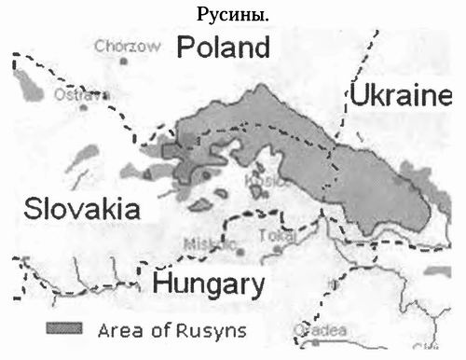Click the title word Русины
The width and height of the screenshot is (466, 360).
[x=233, y=15]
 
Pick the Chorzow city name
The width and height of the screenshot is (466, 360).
[x=122, y=44]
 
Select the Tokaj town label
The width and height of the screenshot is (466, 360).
[x=277, y=235]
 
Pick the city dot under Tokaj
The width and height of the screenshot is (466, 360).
[x=278, y=249]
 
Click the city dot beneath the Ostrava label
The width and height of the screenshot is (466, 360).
[x=82, y=107]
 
